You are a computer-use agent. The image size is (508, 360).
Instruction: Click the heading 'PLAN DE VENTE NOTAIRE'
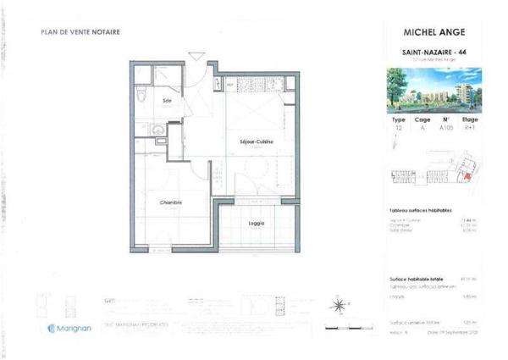(80, 33)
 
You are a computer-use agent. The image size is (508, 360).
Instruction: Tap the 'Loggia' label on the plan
(257, 223)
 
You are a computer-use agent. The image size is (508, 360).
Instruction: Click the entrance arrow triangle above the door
(196, 56)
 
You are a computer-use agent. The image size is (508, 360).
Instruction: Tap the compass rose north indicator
(339, 305)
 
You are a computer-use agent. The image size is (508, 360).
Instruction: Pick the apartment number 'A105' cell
(445, 129)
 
